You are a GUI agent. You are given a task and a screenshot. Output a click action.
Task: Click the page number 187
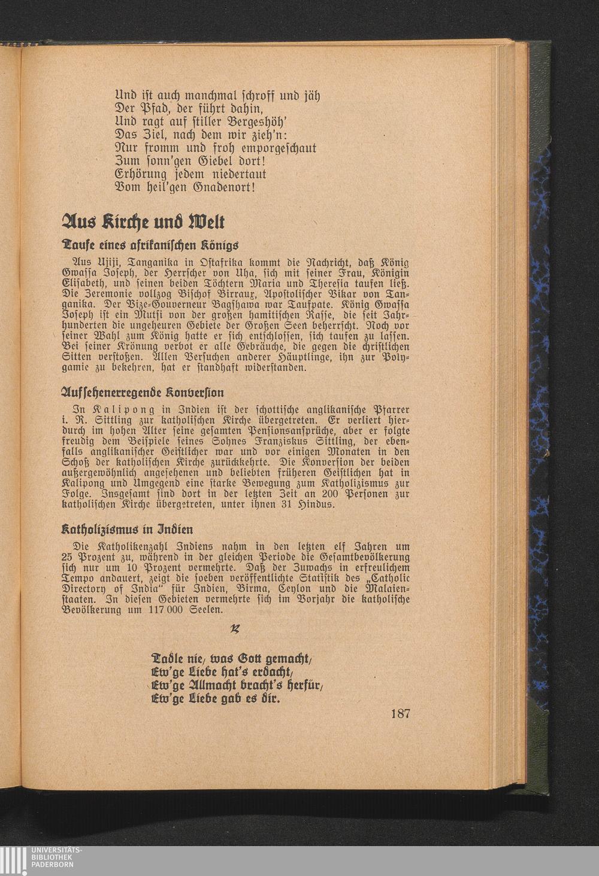pyautogui.click(x=400, y=713)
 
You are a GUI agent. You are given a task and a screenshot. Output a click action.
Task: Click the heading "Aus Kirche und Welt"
pyautogui.click(x=144, y=223)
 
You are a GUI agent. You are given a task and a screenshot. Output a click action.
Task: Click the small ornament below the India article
pyautogui.click(x=235, y=629)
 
